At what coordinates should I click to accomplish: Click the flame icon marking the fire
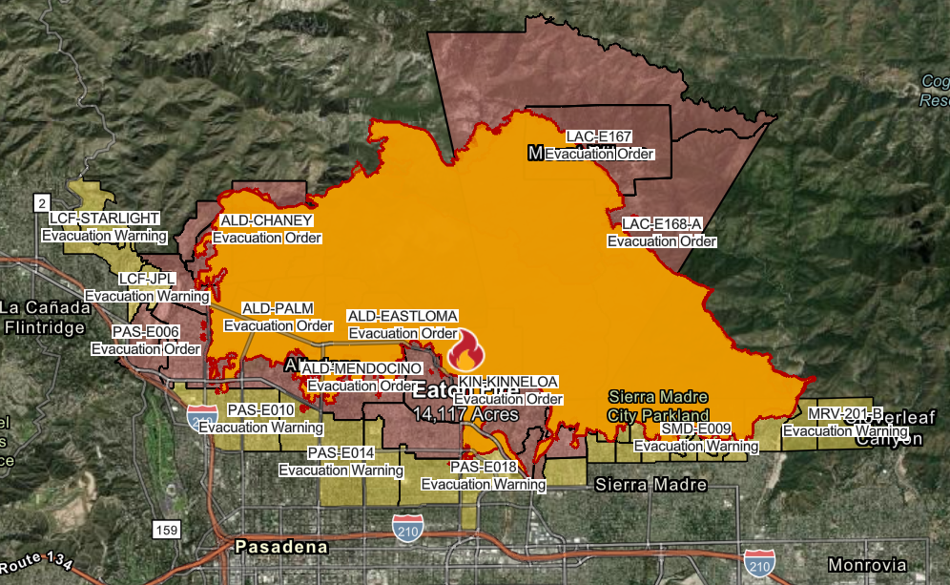coord(465,351)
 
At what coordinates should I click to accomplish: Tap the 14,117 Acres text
coord(466,415)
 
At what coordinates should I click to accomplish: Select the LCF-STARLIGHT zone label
coord(105,219)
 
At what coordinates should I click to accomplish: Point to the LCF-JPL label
coord(147,279)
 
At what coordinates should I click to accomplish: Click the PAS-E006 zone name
coord(146,331)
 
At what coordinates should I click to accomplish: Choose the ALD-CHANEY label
coord(266,220)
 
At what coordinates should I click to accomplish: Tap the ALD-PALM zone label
coord(273,308)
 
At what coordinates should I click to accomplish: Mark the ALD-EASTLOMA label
coord(403,315)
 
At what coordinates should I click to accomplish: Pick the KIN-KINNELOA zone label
coord(508,382)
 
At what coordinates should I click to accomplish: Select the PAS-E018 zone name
coord(484,467)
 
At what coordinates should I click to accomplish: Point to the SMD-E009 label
coord(696,428)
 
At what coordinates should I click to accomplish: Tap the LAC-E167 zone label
coord(599,136)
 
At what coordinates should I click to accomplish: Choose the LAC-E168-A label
coord(662,224)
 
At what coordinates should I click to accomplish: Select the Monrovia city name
coord(866,564)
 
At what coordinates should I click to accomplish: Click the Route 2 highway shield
coord(41,203)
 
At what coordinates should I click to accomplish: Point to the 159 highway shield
coord(164,528)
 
